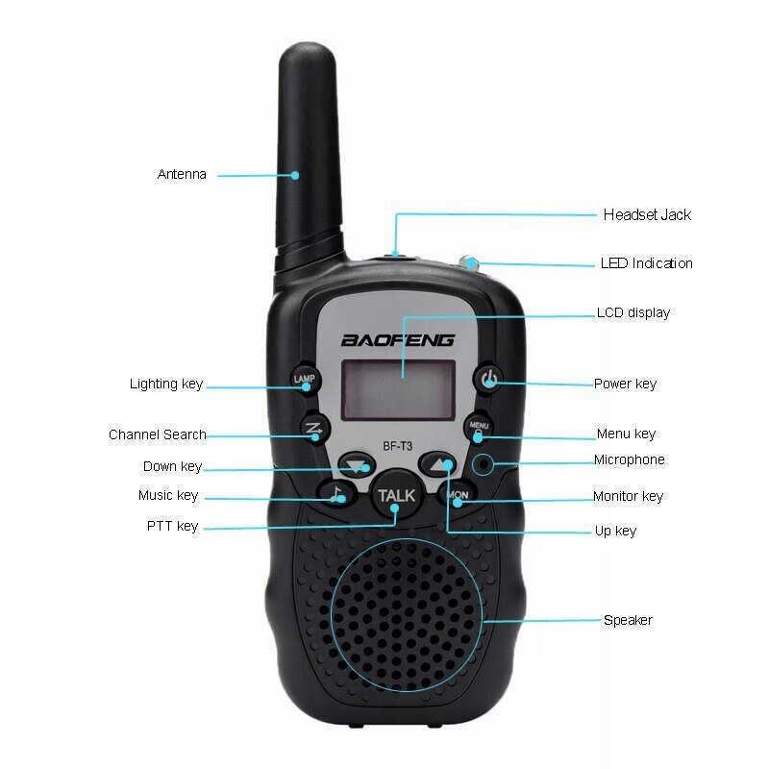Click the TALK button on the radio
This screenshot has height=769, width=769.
pyautogui.click(x=396, y=495)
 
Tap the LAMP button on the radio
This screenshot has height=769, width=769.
pyautogui.click(x=303, y=379)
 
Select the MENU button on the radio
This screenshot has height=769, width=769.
pyautogui.click(x=479, y=425)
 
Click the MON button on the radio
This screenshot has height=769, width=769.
pyautogui.click(x=458, y=495)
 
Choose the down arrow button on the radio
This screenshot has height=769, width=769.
pyautogui.click(x=357, y=465)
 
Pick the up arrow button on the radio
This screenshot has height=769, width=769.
pyautogui.click(x=437, y=464)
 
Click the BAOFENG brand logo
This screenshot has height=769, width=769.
pyautogui.click(x=397, y=339)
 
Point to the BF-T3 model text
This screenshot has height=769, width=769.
pyautogui.click(x=397, y=444)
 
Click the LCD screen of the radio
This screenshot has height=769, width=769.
pyautogui.click(x=399, y=389)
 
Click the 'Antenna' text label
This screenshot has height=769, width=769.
pyautogui.click(x=182, y=175)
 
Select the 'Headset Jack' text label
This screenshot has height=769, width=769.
pyautogui.click(x=647, y=215)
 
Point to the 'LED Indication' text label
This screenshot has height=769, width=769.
pyautogui.click(x=646, y=263)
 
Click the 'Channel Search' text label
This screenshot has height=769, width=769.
pyautogui.click(x=157, y=434)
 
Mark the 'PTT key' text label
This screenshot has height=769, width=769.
pyautogui.click(x=172, y=526)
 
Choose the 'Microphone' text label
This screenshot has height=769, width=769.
pyautogui.click(x=629, y=460)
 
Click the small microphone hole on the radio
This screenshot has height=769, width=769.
pyautogui.click(x=485, y=465)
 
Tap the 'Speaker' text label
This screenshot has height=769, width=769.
pyautogui.click(x=628, y=620)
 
